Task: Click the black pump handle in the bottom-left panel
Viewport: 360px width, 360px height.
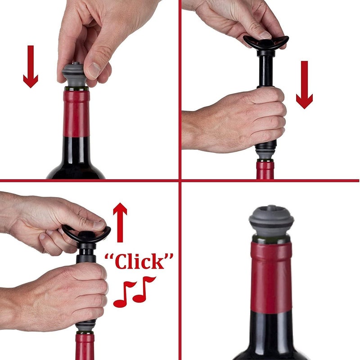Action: point(85,234)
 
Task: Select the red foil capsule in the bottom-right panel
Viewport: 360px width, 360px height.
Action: point(271,274)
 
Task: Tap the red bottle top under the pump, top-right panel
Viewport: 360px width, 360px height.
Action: point(265,171)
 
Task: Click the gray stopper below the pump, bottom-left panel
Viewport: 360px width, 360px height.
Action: point(85,325)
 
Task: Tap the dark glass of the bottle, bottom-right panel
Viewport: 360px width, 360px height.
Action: point(271,337)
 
